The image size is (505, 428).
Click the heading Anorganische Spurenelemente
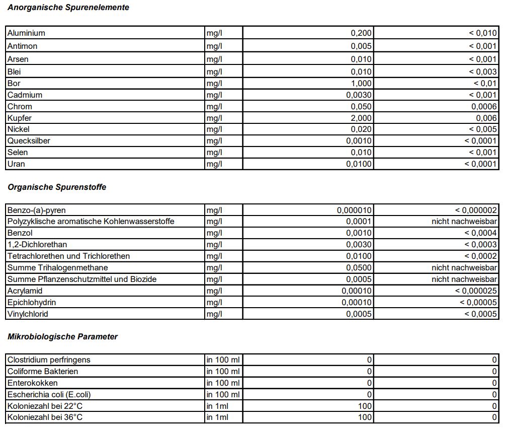click(x=68, y=8)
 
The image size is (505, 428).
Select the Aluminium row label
click(x=26, y=33)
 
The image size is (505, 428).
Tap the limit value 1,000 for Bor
click(x=361, y=84)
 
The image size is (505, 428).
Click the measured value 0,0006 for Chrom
click(x=484, y=107)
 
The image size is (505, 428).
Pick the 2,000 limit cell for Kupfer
click(x=361, y=118)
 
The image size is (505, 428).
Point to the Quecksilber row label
click(x=29, y=141)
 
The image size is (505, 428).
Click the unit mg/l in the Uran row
click(x=214, y=164)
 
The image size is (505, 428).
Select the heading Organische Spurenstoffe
click(x=57, y=187)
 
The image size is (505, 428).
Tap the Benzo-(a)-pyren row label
click(x=36, y=210)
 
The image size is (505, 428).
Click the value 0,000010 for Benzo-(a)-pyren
click(x=354, y=210)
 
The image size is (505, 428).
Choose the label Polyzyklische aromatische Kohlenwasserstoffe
click(x=91, y=222)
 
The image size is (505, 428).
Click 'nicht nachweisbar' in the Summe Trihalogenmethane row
click(x=464, y=268)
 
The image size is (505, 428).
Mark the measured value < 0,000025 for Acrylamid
click(x=476, y=291)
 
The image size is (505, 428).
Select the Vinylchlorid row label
click(x=28, y=314)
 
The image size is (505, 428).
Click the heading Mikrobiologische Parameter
click(x=62, y=337)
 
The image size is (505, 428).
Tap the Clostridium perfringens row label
click(x=49, y=360)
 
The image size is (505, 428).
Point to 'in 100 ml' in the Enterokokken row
click(x=223, y=383)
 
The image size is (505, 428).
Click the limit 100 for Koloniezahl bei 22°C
click(x=364, y=406)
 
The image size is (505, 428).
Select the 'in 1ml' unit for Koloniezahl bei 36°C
click(x=217, y=417)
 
